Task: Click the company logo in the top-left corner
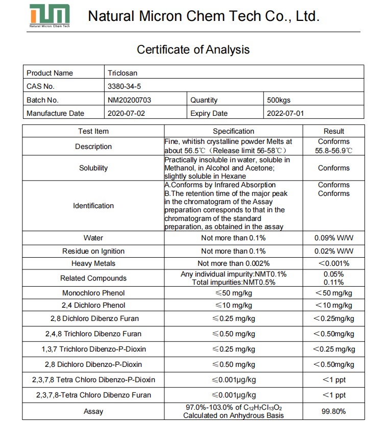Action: (x=49, y=15)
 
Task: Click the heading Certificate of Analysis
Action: (x=193, y=49)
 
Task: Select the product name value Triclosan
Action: (x=123, y=73)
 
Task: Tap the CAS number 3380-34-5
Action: (x=124, y=86)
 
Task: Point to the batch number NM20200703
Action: (x=130, y=100)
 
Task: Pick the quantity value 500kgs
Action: (x=279, y=100)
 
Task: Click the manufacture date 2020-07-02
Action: (x=127, y=113)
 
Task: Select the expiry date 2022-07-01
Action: (x=285, y=113)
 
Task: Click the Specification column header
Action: (x=233, y=131)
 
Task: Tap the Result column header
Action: (x=334, y=131)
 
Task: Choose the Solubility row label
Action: (x=93, y=168)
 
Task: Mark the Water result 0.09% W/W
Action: (x=334, y=238)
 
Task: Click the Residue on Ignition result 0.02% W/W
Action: (x=334, y=251)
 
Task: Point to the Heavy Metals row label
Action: (x=93, y=263)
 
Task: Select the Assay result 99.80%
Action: (x=334, y=411)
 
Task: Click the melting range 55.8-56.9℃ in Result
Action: (x=334, y=151)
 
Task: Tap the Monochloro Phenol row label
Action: (x=93, y=293)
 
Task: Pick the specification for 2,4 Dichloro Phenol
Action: (x=233, y=305)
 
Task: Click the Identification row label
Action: (x=93, y=206)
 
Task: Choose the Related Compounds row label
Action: (x=93, y=278)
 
